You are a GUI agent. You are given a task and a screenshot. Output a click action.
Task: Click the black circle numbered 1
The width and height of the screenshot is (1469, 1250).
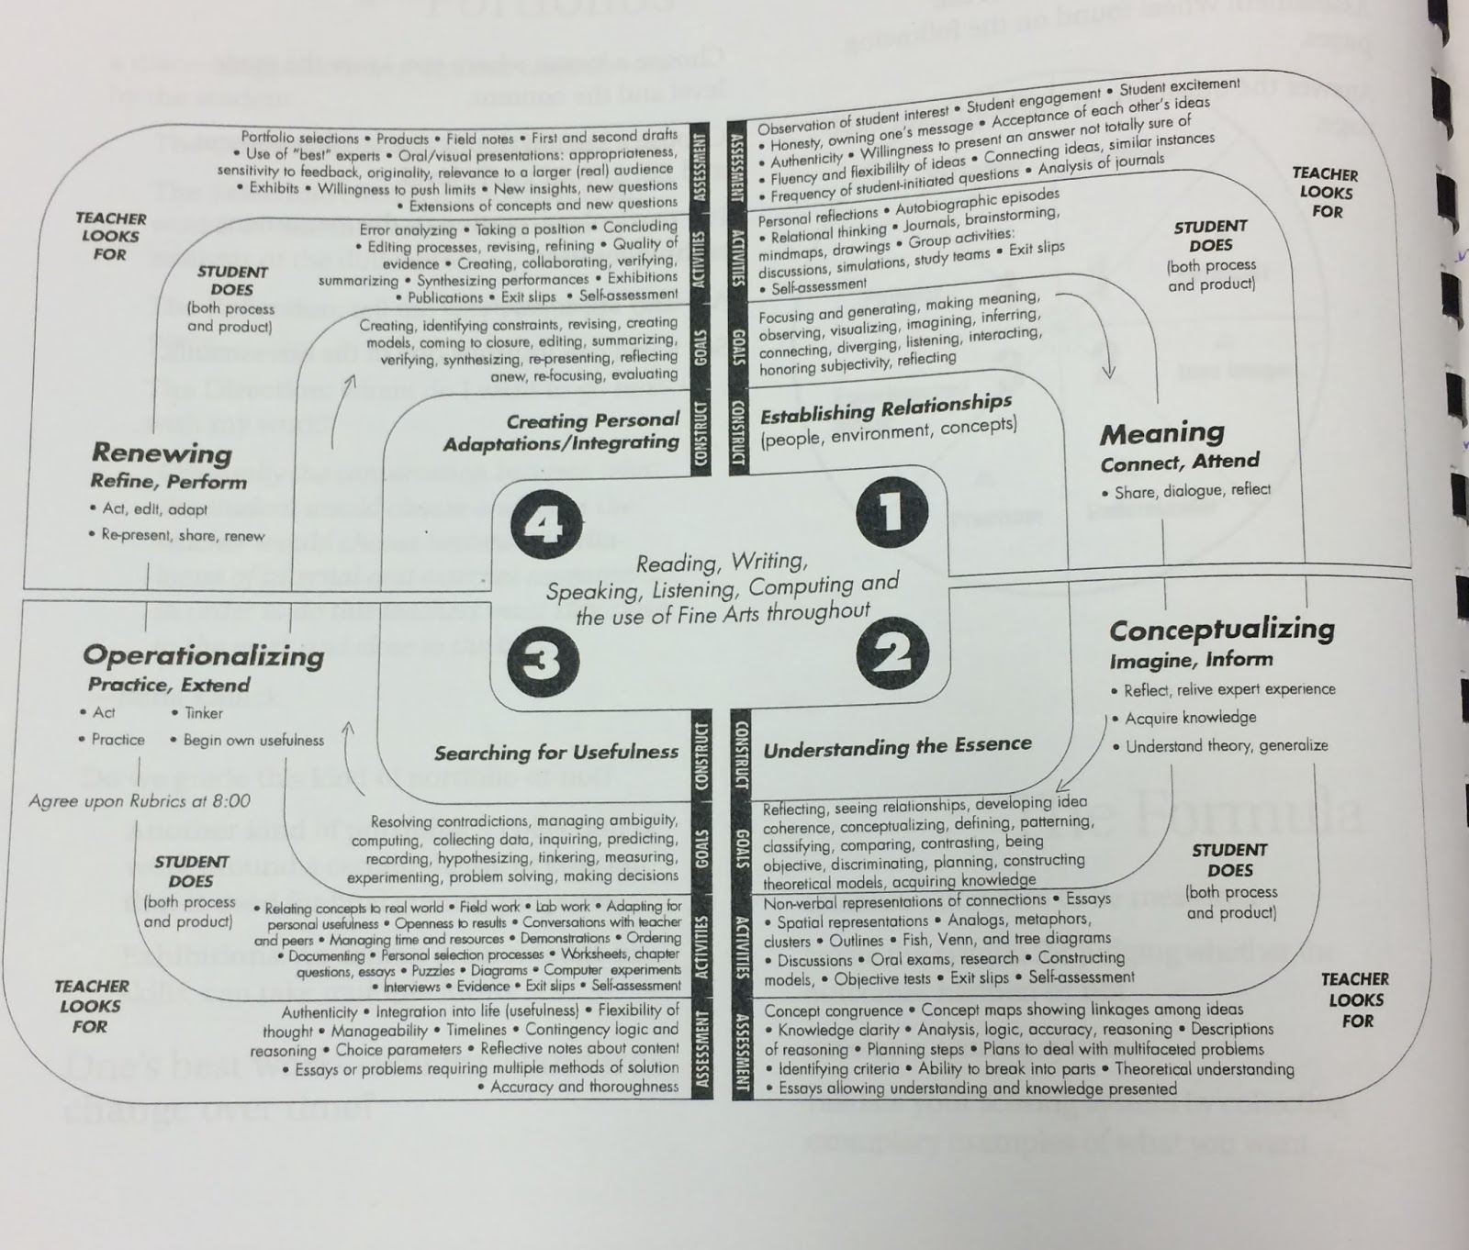891,512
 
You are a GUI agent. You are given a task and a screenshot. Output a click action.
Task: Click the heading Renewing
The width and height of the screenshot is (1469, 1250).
162,453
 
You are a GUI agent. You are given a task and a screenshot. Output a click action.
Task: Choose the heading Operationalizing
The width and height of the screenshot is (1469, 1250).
203,655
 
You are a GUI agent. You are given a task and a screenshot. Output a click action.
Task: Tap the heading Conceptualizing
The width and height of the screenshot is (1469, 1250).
1222,630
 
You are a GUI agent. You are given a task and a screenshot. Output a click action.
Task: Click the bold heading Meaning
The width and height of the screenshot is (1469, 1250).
1161,433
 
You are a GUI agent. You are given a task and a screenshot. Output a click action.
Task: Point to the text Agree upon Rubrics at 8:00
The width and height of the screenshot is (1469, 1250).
140,801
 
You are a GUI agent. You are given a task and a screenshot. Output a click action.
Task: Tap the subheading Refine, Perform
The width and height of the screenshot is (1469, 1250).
168,482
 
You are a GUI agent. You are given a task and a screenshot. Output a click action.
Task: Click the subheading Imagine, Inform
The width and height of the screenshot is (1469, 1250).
1191,660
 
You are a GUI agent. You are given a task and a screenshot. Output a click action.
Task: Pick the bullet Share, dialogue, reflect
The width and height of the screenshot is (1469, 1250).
1192,491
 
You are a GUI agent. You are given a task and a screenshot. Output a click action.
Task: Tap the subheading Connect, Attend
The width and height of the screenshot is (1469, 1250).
1180,462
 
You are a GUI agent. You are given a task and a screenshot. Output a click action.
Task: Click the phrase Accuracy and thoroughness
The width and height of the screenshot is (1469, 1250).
584,1088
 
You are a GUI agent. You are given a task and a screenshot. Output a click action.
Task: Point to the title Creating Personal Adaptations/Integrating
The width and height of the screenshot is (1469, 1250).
561,432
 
